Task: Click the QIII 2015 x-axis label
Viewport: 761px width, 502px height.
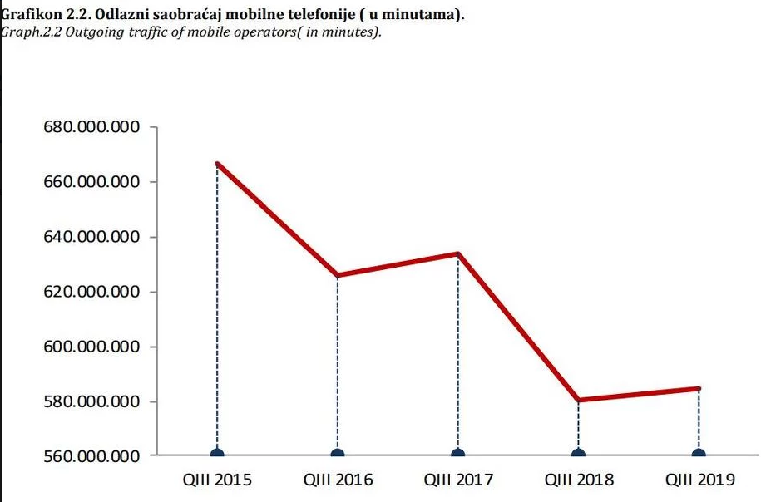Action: [x=217, y=480]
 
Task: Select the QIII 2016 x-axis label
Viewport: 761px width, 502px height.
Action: [x=338, y=480]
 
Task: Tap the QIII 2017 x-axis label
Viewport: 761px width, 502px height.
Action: [x=458, y=480]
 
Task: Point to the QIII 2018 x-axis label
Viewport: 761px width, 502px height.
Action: [x=579, y=480]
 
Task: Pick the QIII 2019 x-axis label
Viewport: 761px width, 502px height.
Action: [x=699, y=480]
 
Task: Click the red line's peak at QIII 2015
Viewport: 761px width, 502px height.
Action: [x=217, y=164]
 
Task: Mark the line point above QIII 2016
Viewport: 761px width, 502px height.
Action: [x=338, y=275]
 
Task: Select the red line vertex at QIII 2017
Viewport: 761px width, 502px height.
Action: [x=458, y=253]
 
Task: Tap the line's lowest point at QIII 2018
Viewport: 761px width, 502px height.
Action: [x=579, y=400]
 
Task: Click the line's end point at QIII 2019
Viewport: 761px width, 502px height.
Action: [x=699, y=388]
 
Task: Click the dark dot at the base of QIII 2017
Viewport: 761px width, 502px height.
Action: [x=458, y=454]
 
